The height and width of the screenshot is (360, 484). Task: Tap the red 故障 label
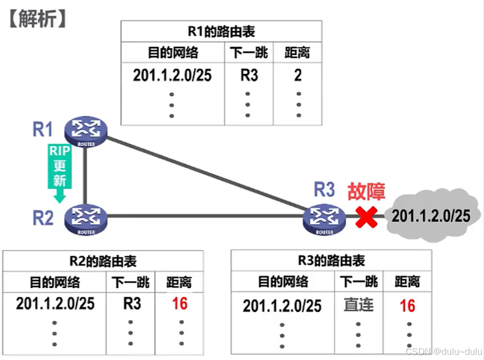pyautogui.click(x=367, y=192)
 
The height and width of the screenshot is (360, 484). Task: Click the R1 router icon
pyautogui.click(x=86, y=131)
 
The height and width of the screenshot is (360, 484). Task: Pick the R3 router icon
pyautogui.click(x=324, y=219)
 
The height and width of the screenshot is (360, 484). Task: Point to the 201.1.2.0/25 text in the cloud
pyautogui.click(x=431, y=215)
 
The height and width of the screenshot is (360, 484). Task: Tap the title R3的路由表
pyautogui.click(x=331, y=261)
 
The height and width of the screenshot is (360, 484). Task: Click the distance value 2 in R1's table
pyautogui.click(x=298, y=75)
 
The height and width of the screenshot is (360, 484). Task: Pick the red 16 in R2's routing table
pyautogui.click(x=179, y=303)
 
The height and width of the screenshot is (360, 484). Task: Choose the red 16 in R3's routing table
pyautogui.click(x=407, y=306)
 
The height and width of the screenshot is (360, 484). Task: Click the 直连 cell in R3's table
pyautogui.click(x=359, y=305)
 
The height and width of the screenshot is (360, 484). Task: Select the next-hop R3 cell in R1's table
pyautogui.click(x=249, y=75)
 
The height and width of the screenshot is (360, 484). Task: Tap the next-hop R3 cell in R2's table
pyautogui.click(x=132, y=303)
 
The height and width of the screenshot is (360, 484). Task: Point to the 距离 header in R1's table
pyautogui.click(x=297, y=53)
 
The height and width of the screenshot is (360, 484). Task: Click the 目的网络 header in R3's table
pyautogui.click(x=283, y=282)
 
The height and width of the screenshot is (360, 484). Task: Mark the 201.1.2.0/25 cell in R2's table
pyautogui.click(x=55, y=303)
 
